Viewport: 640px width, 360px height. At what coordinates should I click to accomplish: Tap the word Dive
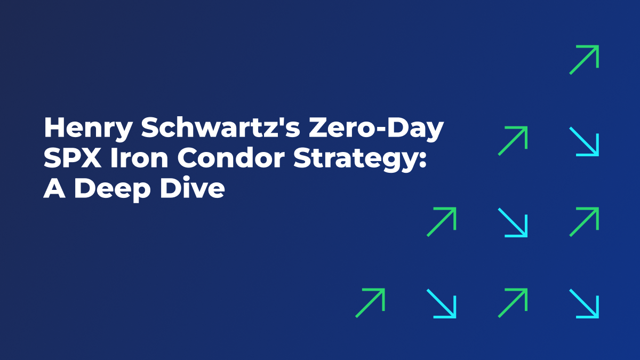[196, 189]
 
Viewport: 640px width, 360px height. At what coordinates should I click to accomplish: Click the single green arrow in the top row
[584, 60]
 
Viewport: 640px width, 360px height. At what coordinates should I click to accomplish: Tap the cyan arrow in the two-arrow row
[584, 141]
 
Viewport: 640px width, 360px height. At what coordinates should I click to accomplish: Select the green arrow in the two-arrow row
[513, 141]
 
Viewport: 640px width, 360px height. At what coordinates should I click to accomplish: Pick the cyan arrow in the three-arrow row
[513, 222]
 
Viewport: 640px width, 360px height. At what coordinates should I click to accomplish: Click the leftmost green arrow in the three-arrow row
[442, 222]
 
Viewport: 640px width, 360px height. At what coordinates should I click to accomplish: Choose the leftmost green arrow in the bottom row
[370, 303]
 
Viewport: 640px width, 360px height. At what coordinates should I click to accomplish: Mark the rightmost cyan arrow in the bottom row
[584, 303]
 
